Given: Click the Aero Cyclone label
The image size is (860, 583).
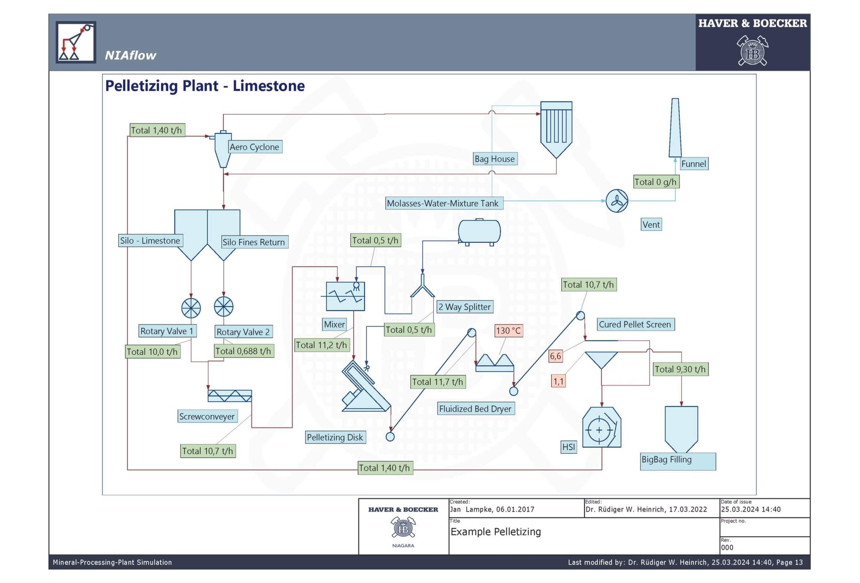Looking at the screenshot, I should (x=255, y=147).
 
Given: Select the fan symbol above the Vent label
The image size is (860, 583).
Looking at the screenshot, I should (x=617, y=201).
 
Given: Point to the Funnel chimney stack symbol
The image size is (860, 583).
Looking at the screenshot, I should (x=675, y=128).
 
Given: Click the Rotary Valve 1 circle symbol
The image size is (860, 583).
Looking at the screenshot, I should (x=191, y=308).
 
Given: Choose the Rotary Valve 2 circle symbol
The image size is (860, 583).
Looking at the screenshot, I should (x=223, y=307).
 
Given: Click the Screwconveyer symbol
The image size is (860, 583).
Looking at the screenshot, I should (x=230, y=396).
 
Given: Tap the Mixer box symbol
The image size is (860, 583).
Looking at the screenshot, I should (x=345, y=296).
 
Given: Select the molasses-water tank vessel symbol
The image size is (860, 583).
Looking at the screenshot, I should (x=479, y=231).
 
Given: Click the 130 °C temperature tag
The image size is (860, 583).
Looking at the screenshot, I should (x=508, y=331).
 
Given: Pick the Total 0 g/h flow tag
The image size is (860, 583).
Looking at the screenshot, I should (x=655, y=182).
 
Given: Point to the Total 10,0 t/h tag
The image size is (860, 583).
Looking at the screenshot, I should (x=152, y=352).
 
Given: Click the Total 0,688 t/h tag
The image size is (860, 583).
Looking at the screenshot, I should (x=243, y=351).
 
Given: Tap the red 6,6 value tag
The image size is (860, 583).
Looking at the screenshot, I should (x=555, y=356).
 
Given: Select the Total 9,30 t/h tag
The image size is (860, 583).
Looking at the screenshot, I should (x=680, y=369).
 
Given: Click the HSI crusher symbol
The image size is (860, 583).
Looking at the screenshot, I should (x=601, y=428).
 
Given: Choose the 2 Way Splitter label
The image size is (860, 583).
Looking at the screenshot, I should (x=464, y=307).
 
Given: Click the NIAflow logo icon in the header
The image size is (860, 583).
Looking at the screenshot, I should (x=76, y=42).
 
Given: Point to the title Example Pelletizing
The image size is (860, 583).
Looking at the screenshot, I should (x=495, y=532).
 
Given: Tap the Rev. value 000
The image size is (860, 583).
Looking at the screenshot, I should (x=727, y=548).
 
